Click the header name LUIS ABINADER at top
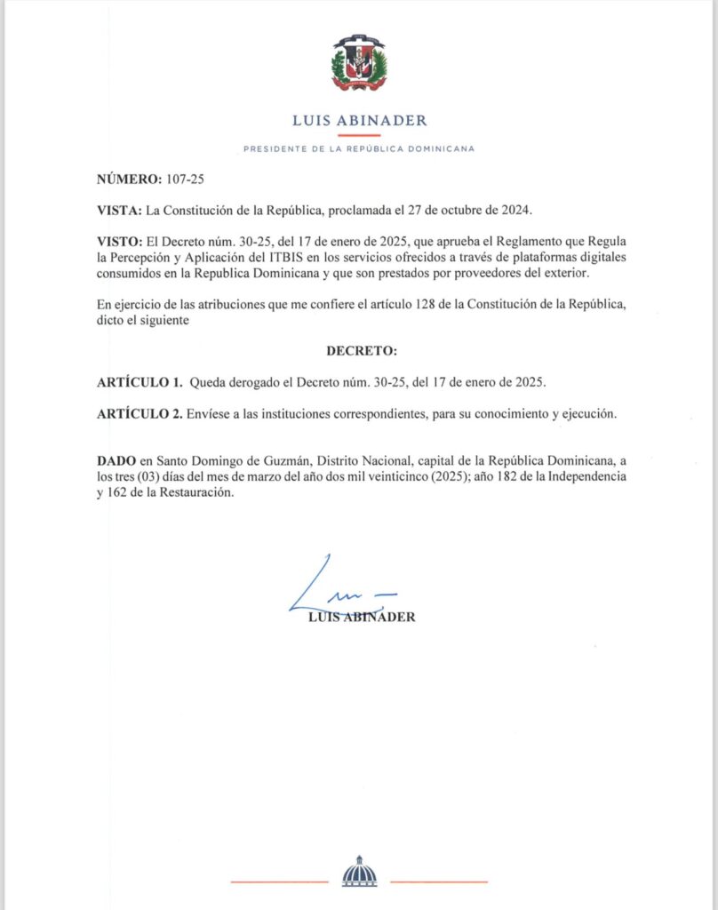coord(359,121)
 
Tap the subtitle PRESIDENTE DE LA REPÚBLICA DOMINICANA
coord(359,148)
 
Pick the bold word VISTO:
coord(120,242)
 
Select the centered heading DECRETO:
coord(359,351)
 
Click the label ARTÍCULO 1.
coord(139,382)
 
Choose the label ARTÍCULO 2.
coord(139,413)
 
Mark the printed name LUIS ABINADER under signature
coord(359,618)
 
